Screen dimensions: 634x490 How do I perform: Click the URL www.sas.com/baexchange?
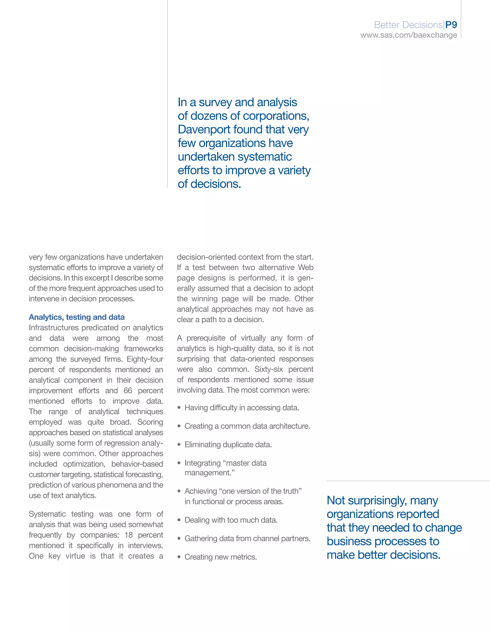pyautogui.click(x=408, y=35)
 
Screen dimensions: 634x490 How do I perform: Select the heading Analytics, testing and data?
pyautogui.click(x=77, y=317)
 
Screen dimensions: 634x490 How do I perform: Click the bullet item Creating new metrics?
pyautogui.click(x=221, y=557)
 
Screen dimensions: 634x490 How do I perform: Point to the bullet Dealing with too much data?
pyautogui.click(x=231, y=520)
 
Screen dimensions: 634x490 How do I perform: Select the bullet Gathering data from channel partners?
pyautogui.click(x=247, y=539)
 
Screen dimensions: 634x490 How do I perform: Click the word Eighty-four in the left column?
pyautogui.click(x=145, y=359)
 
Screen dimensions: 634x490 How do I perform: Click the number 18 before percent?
pyautogui.click(x=128, y=535)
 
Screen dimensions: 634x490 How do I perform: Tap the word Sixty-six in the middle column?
pyautogui.click(x=268, y=369)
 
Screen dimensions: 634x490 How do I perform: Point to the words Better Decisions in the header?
pyautogui.click(x=408, y=25)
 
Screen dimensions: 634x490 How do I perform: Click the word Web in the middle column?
pyautogui.click(x=306, y=267)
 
